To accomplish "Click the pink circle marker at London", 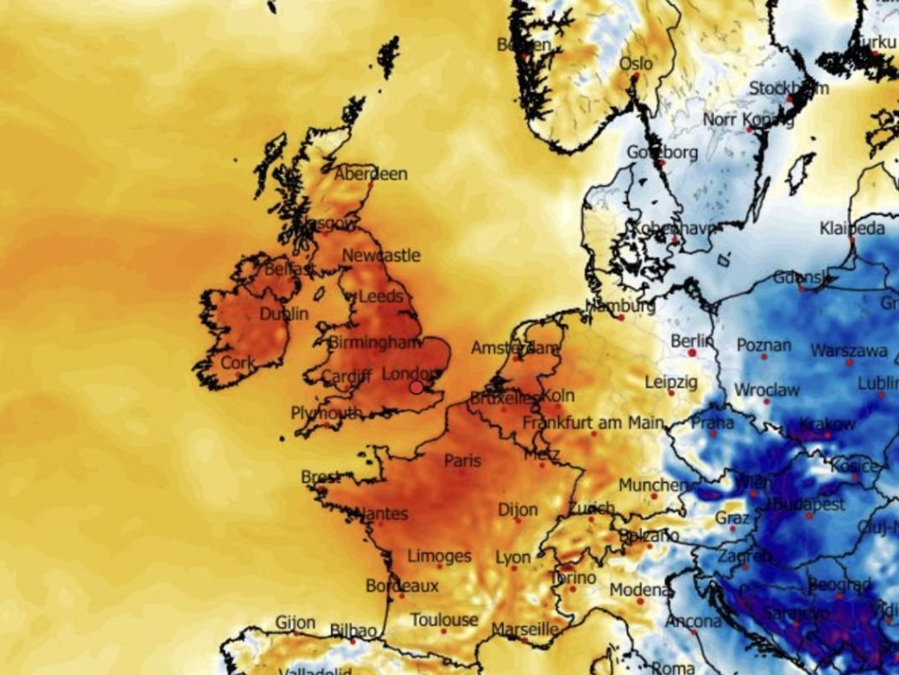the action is pos(417,387).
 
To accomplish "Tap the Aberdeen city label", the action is pos(371,174).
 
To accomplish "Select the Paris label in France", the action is pos(463,460).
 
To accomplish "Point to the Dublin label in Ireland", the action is pos(284,314).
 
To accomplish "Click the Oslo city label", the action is pos(636,63).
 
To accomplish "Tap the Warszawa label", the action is pos(849,351).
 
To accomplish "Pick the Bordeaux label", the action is pos(402,586).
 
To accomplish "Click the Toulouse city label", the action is pos(445,620).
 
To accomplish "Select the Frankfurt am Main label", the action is pos(593,423).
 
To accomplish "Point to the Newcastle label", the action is pos(381,256).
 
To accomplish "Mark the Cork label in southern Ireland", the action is pos(238,363).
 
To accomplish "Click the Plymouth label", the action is pos(326,413).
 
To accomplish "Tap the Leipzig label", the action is pos(671,382).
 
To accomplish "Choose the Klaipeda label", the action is pos(852,228).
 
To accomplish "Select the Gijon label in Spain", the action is pos(295,623).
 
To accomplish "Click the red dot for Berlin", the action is pos(692,352).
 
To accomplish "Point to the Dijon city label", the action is pos(518,510).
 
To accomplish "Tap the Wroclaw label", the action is pos(767,390).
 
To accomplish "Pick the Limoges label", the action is pos(439,556).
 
